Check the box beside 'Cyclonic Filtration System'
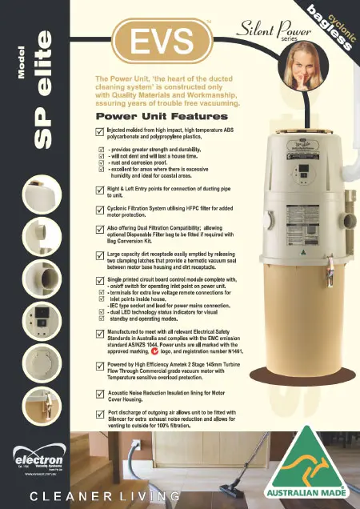(x=100, y=209)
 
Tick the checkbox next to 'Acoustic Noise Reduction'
(x=100, y=394)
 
